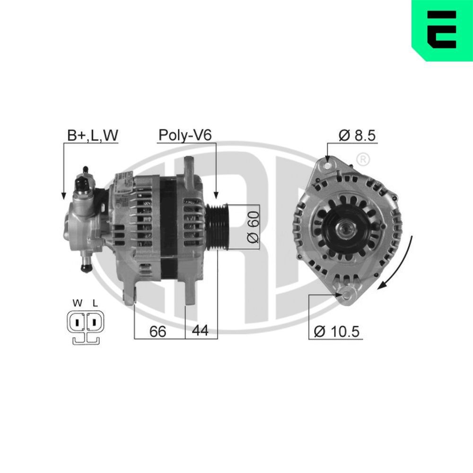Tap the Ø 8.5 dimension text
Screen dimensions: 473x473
coord(357,135)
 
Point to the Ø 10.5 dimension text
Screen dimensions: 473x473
coord(337,332)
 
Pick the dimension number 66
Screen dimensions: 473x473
coord(158,332)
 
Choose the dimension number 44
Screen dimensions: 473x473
coord(200,332)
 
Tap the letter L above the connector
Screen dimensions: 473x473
coord(95,303)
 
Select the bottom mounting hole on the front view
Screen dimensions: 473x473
coord(349,296)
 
